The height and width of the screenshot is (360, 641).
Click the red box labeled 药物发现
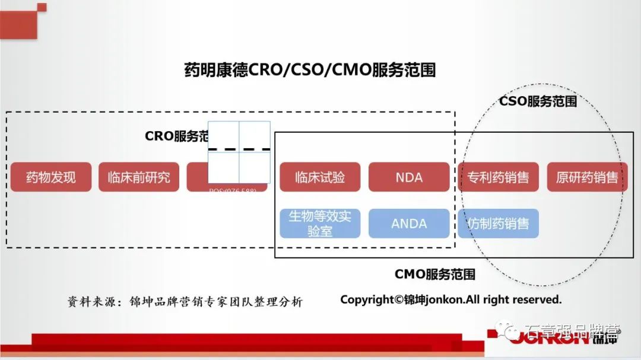click(51, 177)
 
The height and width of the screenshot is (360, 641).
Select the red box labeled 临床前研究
click(139, 177)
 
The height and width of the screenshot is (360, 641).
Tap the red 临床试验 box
click(320, 177)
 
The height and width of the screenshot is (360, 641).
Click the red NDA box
click(408, 177)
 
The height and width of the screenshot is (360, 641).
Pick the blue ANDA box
click(408, 224)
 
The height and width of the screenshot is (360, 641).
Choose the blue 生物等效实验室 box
click(320, 224)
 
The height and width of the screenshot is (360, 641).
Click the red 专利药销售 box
click(498, 177)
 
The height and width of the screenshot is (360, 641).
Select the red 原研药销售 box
click(587, 177)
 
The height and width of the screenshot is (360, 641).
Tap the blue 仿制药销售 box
click(498, 224)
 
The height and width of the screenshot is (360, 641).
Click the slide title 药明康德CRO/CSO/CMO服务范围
click(310, 70)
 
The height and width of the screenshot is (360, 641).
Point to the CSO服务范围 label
click(538, 101)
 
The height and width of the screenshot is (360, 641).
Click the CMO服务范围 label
click(435, 274)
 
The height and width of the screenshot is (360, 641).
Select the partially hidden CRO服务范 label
click(176, 136)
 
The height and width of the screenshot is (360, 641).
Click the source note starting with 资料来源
click(185, 301)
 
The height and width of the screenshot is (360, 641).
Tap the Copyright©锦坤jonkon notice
click(450, 300)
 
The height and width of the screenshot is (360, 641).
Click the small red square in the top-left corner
click(42, 7)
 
